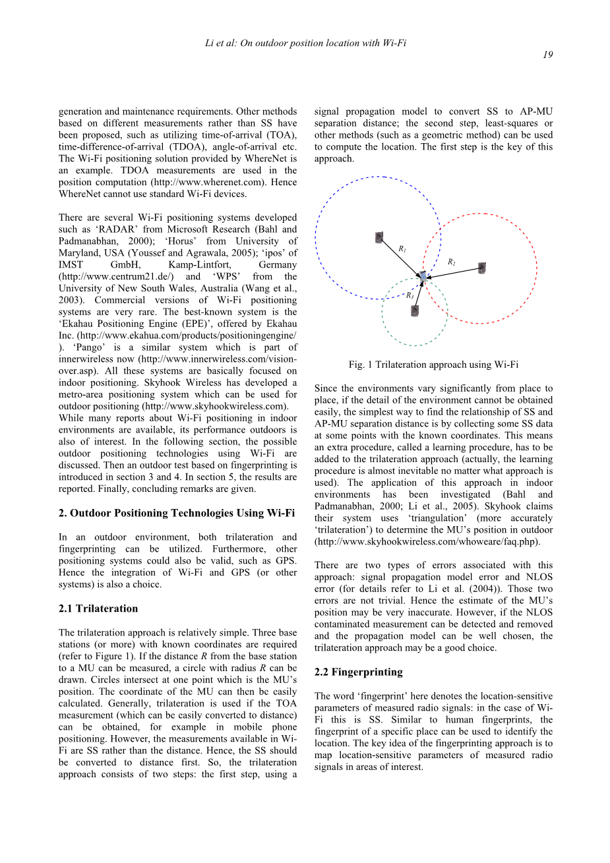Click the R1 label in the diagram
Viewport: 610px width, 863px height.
(402, 249)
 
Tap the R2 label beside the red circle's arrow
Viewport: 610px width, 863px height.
(451, 262)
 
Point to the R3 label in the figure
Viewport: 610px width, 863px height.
(410, 296)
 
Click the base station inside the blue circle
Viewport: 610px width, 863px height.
(379, 237)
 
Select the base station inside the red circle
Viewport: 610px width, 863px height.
(482, 268)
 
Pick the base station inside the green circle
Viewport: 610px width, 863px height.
(414, 311)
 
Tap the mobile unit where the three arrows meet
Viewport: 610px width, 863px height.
(423, 278)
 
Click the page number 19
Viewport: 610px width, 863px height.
(548, 55)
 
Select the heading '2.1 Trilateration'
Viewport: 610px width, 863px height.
(98, 609)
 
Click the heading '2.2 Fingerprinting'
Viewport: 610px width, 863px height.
(358, 672)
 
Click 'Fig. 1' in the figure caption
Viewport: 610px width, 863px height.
(361, 365)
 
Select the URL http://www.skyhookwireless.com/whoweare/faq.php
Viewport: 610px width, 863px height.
(427, 541)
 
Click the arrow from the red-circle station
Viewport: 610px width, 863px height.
(455, 272)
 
